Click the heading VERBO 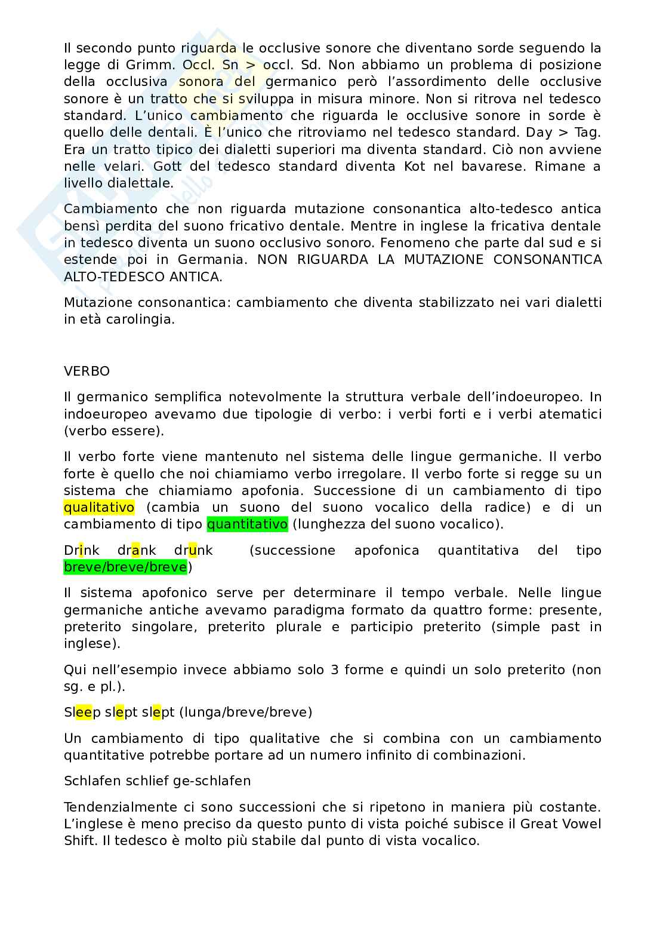pyautogui.click(x=87, y=371)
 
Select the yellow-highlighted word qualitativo pyautogui.click(x=99, y=507)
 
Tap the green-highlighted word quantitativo pyautogui.click(x=247, y=524)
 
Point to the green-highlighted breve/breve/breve pyautogui.click(x=125, y=567)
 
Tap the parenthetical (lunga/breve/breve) pyautogui.click(x=245, y=712)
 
